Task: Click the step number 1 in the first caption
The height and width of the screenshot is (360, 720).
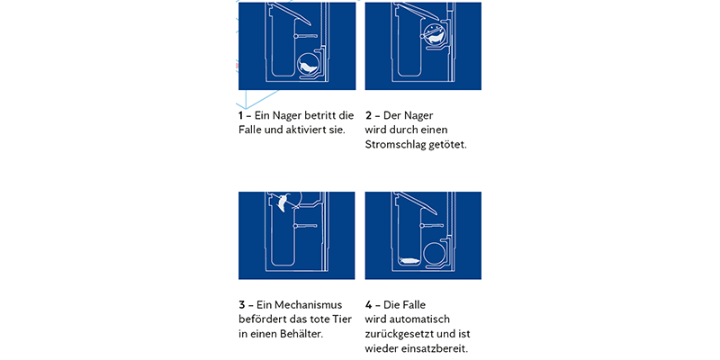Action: (x=241, y=115)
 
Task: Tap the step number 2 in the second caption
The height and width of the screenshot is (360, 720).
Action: (x=369, y=115)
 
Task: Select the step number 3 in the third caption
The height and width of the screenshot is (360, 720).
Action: (x=242, y=305)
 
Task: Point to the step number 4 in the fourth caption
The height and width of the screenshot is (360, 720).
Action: (x=369, y=305)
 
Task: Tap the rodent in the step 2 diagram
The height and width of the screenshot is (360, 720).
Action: (x=434, y=37)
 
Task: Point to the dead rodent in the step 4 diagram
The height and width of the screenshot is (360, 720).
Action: (x=409, y=260)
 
